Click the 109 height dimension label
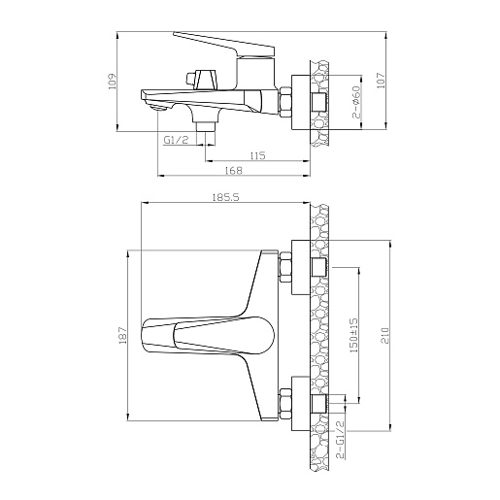[x=112, y=82]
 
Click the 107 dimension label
[x=381, y=81]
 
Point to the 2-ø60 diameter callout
[x=356, y=102]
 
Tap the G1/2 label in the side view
[x=176, y=140]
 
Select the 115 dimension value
[x=257, y=155]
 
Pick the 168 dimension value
[x=234, y=171]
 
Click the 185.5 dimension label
[x=225, y=197]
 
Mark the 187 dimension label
[x=122, y=335]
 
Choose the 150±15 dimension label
[x=353, y=335]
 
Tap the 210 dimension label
[x=384, y=335]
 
